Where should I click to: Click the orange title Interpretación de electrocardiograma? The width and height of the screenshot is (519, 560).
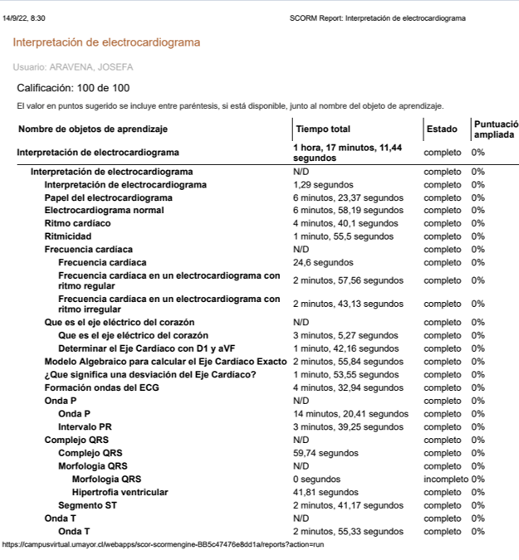[105, 42]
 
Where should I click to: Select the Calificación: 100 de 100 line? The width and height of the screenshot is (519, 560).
[73, 88]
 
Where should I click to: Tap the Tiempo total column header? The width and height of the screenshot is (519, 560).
[322, 129]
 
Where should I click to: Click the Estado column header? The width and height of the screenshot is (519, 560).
[441, 129]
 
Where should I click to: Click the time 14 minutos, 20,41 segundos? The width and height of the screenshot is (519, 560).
[350, 413]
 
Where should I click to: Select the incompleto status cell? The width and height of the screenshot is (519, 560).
[445, 479]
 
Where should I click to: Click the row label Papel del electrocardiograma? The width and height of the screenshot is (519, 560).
[108, 197]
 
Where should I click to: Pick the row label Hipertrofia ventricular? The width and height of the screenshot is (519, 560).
[120, 492]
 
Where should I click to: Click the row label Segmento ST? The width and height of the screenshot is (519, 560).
[91, 505]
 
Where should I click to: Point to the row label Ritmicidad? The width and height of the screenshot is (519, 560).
[67, 236]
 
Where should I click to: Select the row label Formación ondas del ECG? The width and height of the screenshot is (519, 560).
[101, 387]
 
